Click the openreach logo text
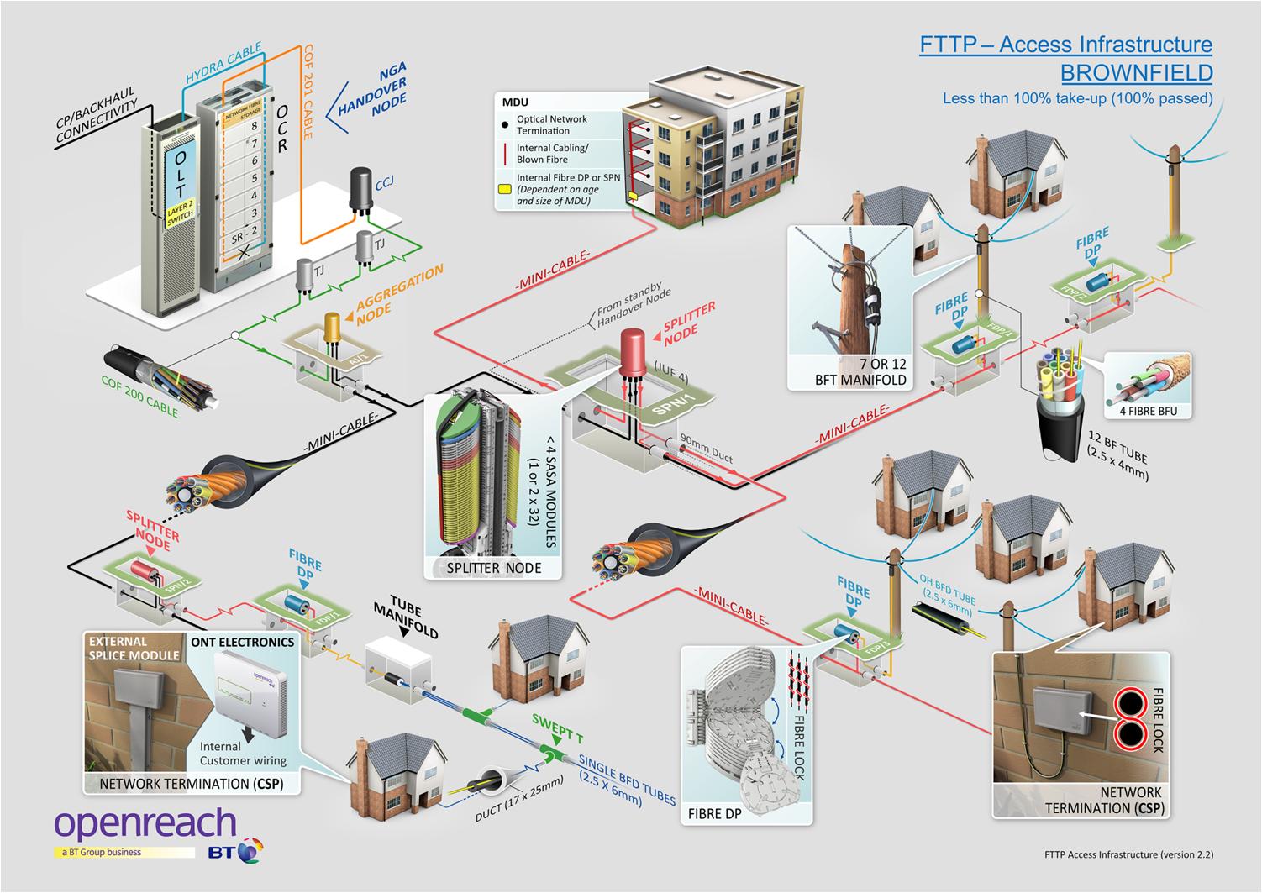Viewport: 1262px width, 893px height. pos(145,824)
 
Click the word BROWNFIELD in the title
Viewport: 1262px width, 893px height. pos(1136,72)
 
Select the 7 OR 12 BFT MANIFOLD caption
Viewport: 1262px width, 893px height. pos(849,372)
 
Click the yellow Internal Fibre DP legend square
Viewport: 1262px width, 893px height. pos(505,190)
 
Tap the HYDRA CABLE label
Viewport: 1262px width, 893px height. pos(223,61)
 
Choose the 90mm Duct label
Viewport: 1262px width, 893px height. pos(706,448)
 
